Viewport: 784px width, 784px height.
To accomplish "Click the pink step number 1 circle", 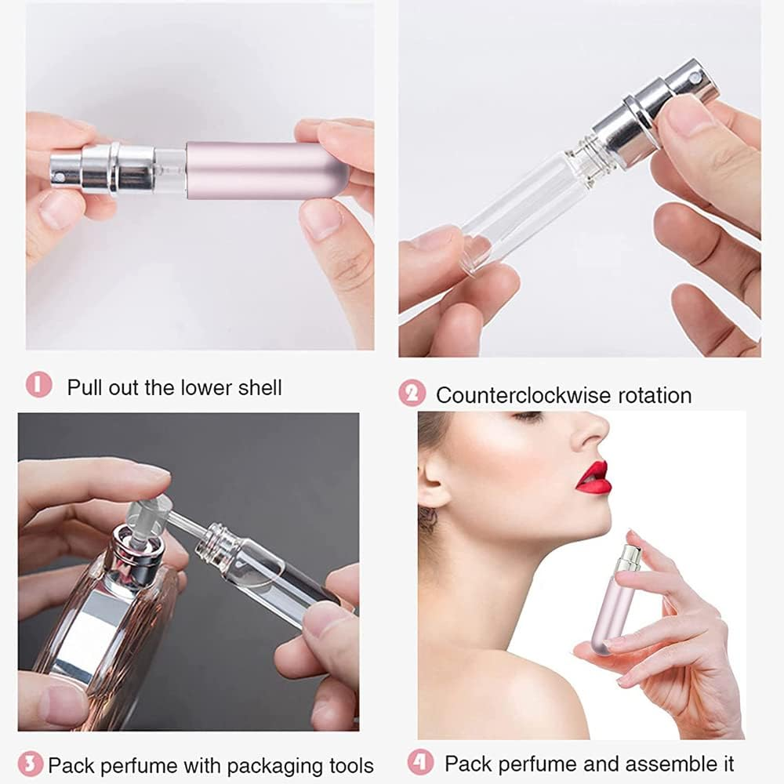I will pos(39,385).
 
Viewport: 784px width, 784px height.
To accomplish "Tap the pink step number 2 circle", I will pos(412,394).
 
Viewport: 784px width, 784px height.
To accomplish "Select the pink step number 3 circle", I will pos(31,764).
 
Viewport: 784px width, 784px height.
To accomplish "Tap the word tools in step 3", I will pos(347,765).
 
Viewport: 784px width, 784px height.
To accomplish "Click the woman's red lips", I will pos(594,478).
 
